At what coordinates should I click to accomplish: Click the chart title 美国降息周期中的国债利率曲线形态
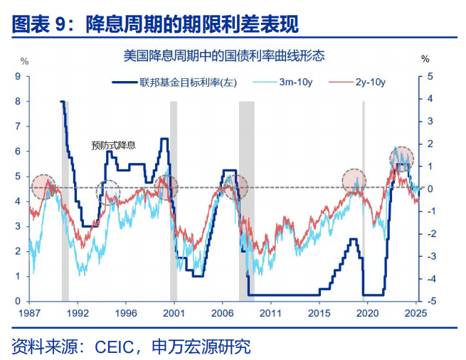tap(223, 55)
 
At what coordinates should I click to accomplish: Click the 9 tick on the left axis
tap(18, 76)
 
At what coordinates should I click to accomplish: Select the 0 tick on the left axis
tap(18, 301)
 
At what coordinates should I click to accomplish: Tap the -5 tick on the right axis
tap(428, 301)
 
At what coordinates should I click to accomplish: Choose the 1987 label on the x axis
tap(29, 313)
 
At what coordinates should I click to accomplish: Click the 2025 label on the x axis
tap(415, 313)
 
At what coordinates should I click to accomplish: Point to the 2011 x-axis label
tap(270, 313)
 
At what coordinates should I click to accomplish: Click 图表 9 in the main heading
tap(43, 24)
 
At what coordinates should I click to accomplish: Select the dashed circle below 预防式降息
tap(109, 193)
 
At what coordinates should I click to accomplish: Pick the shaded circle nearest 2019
tap(355, 182)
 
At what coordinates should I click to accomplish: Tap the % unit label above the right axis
tap(425, 59)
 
